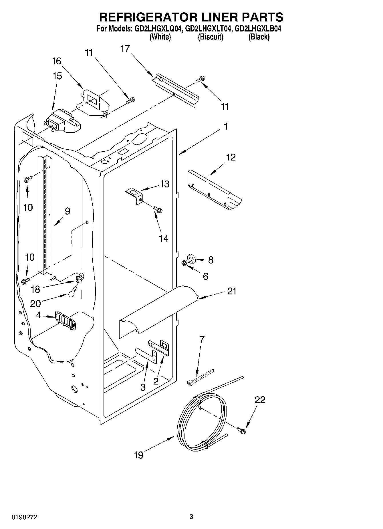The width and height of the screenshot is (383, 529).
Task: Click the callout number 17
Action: [x=125, y=49]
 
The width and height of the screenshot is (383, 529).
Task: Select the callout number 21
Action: [x=232, y=291]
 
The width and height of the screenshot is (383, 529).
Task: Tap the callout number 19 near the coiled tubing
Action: [x=139, y=455]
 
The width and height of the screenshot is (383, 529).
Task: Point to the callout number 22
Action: [x=260, y=400]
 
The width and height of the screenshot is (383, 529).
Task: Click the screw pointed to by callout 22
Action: [x=241, y=430]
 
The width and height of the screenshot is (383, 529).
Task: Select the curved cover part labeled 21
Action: [x=159, y=309]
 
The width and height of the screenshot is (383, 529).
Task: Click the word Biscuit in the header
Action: [x=210, y=37]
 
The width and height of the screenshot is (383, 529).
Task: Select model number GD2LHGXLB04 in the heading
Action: [x=257, y=29]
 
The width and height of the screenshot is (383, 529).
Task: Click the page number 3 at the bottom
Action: [x=191, y=516]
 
